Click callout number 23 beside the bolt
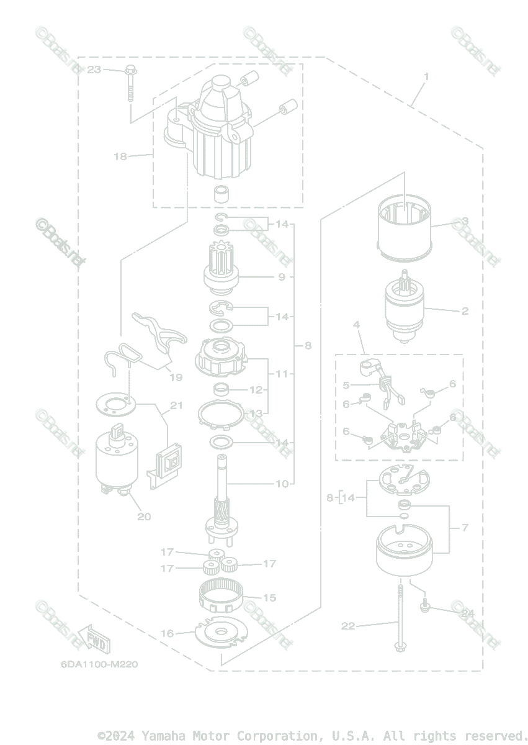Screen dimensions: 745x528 click(x=94, y=70)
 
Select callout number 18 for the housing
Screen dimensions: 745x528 click(x=120, y=156)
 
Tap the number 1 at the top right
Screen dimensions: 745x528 click(x=426, y=76)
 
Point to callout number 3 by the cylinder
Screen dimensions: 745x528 click(x=464, y=221)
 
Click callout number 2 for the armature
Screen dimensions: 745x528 click(x=465, y=311)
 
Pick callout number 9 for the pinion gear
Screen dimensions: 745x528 click(x=281, y=277)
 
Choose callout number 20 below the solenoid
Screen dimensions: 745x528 click(x=144, y=516)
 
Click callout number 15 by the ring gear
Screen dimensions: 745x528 click(x=269, y=598)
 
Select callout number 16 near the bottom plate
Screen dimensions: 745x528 click(x=168, y=633)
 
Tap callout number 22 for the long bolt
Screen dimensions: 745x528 click(x=348, y=626)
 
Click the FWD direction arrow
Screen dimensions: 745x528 click(x=91, y=639)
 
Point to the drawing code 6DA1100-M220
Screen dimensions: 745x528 click(x=99, y=664)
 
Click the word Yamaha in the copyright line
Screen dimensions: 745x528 click(x=166, y=736)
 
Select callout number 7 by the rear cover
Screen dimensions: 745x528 click(x=465, y=528)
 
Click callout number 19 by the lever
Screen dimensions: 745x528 click(x=176, y=377)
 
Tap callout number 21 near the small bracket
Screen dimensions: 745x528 click(x=176, y=406)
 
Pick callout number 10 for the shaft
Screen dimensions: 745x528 click(x=282, y=484)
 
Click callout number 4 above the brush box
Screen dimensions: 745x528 click(x=357, y=325)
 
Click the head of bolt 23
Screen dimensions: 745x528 click(x=130, y=70)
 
